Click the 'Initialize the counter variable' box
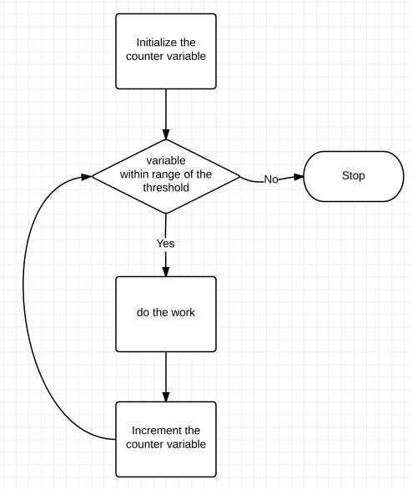[166, 50]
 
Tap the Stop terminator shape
[353, 176]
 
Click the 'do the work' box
[166, 313]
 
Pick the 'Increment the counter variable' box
[166, 438]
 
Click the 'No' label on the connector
[271, 179]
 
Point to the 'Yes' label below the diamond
[166, 244]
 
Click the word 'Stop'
[354, 176]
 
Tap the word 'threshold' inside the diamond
[166, 189]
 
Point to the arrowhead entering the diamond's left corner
[86, 176]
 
